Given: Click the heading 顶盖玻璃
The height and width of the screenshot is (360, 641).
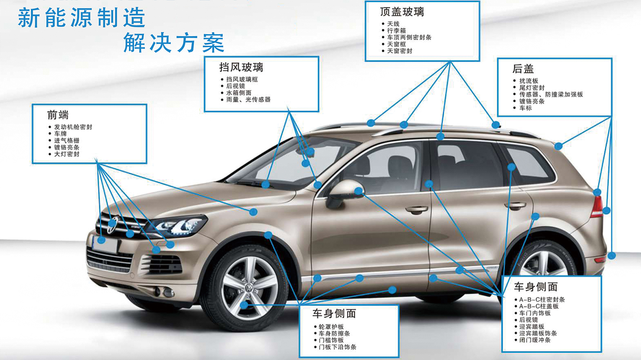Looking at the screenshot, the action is pyautogui.click(x=402, y=12).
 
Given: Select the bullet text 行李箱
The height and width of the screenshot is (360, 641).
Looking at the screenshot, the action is pyautogui.click(x=396, y=30).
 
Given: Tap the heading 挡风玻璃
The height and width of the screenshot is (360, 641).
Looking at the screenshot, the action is pyautogui.click(x=241, y=67).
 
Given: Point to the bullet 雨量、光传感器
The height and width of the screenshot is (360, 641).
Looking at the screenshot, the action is pyautogui.click(x=248, y=100).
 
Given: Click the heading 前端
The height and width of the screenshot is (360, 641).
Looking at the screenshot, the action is pyautogui.click(x=58, y=115).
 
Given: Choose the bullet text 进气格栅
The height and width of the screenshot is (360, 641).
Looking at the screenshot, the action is pyautogui.click(x=67, y=141).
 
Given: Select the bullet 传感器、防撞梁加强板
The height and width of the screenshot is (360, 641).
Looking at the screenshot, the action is pyautogui.click(x=551, y=95).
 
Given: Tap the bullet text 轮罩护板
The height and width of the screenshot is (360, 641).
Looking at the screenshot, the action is pyautogui.click(x=331, y=327).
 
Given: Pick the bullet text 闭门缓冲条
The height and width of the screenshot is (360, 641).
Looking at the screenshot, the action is pyautogui.click(x=535, y=340).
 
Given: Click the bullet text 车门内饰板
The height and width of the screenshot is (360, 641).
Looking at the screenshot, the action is pyautogui.click(x=535, y=313).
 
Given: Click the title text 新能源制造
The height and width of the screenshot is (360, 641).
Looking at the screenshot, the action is pyautogui.click(x=82, y=18).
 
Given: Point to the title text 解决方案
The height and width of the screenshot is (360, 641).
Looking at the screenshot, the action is pyautogui.click(x=174, y=42).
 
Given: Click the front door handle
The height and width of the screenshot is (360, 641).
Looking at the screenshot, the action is pyautogui.click(x=417, y=209).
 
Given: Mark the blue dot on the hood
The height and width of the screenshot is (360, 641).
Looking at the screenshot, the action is pyautogui.click(x=253, y=212).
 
